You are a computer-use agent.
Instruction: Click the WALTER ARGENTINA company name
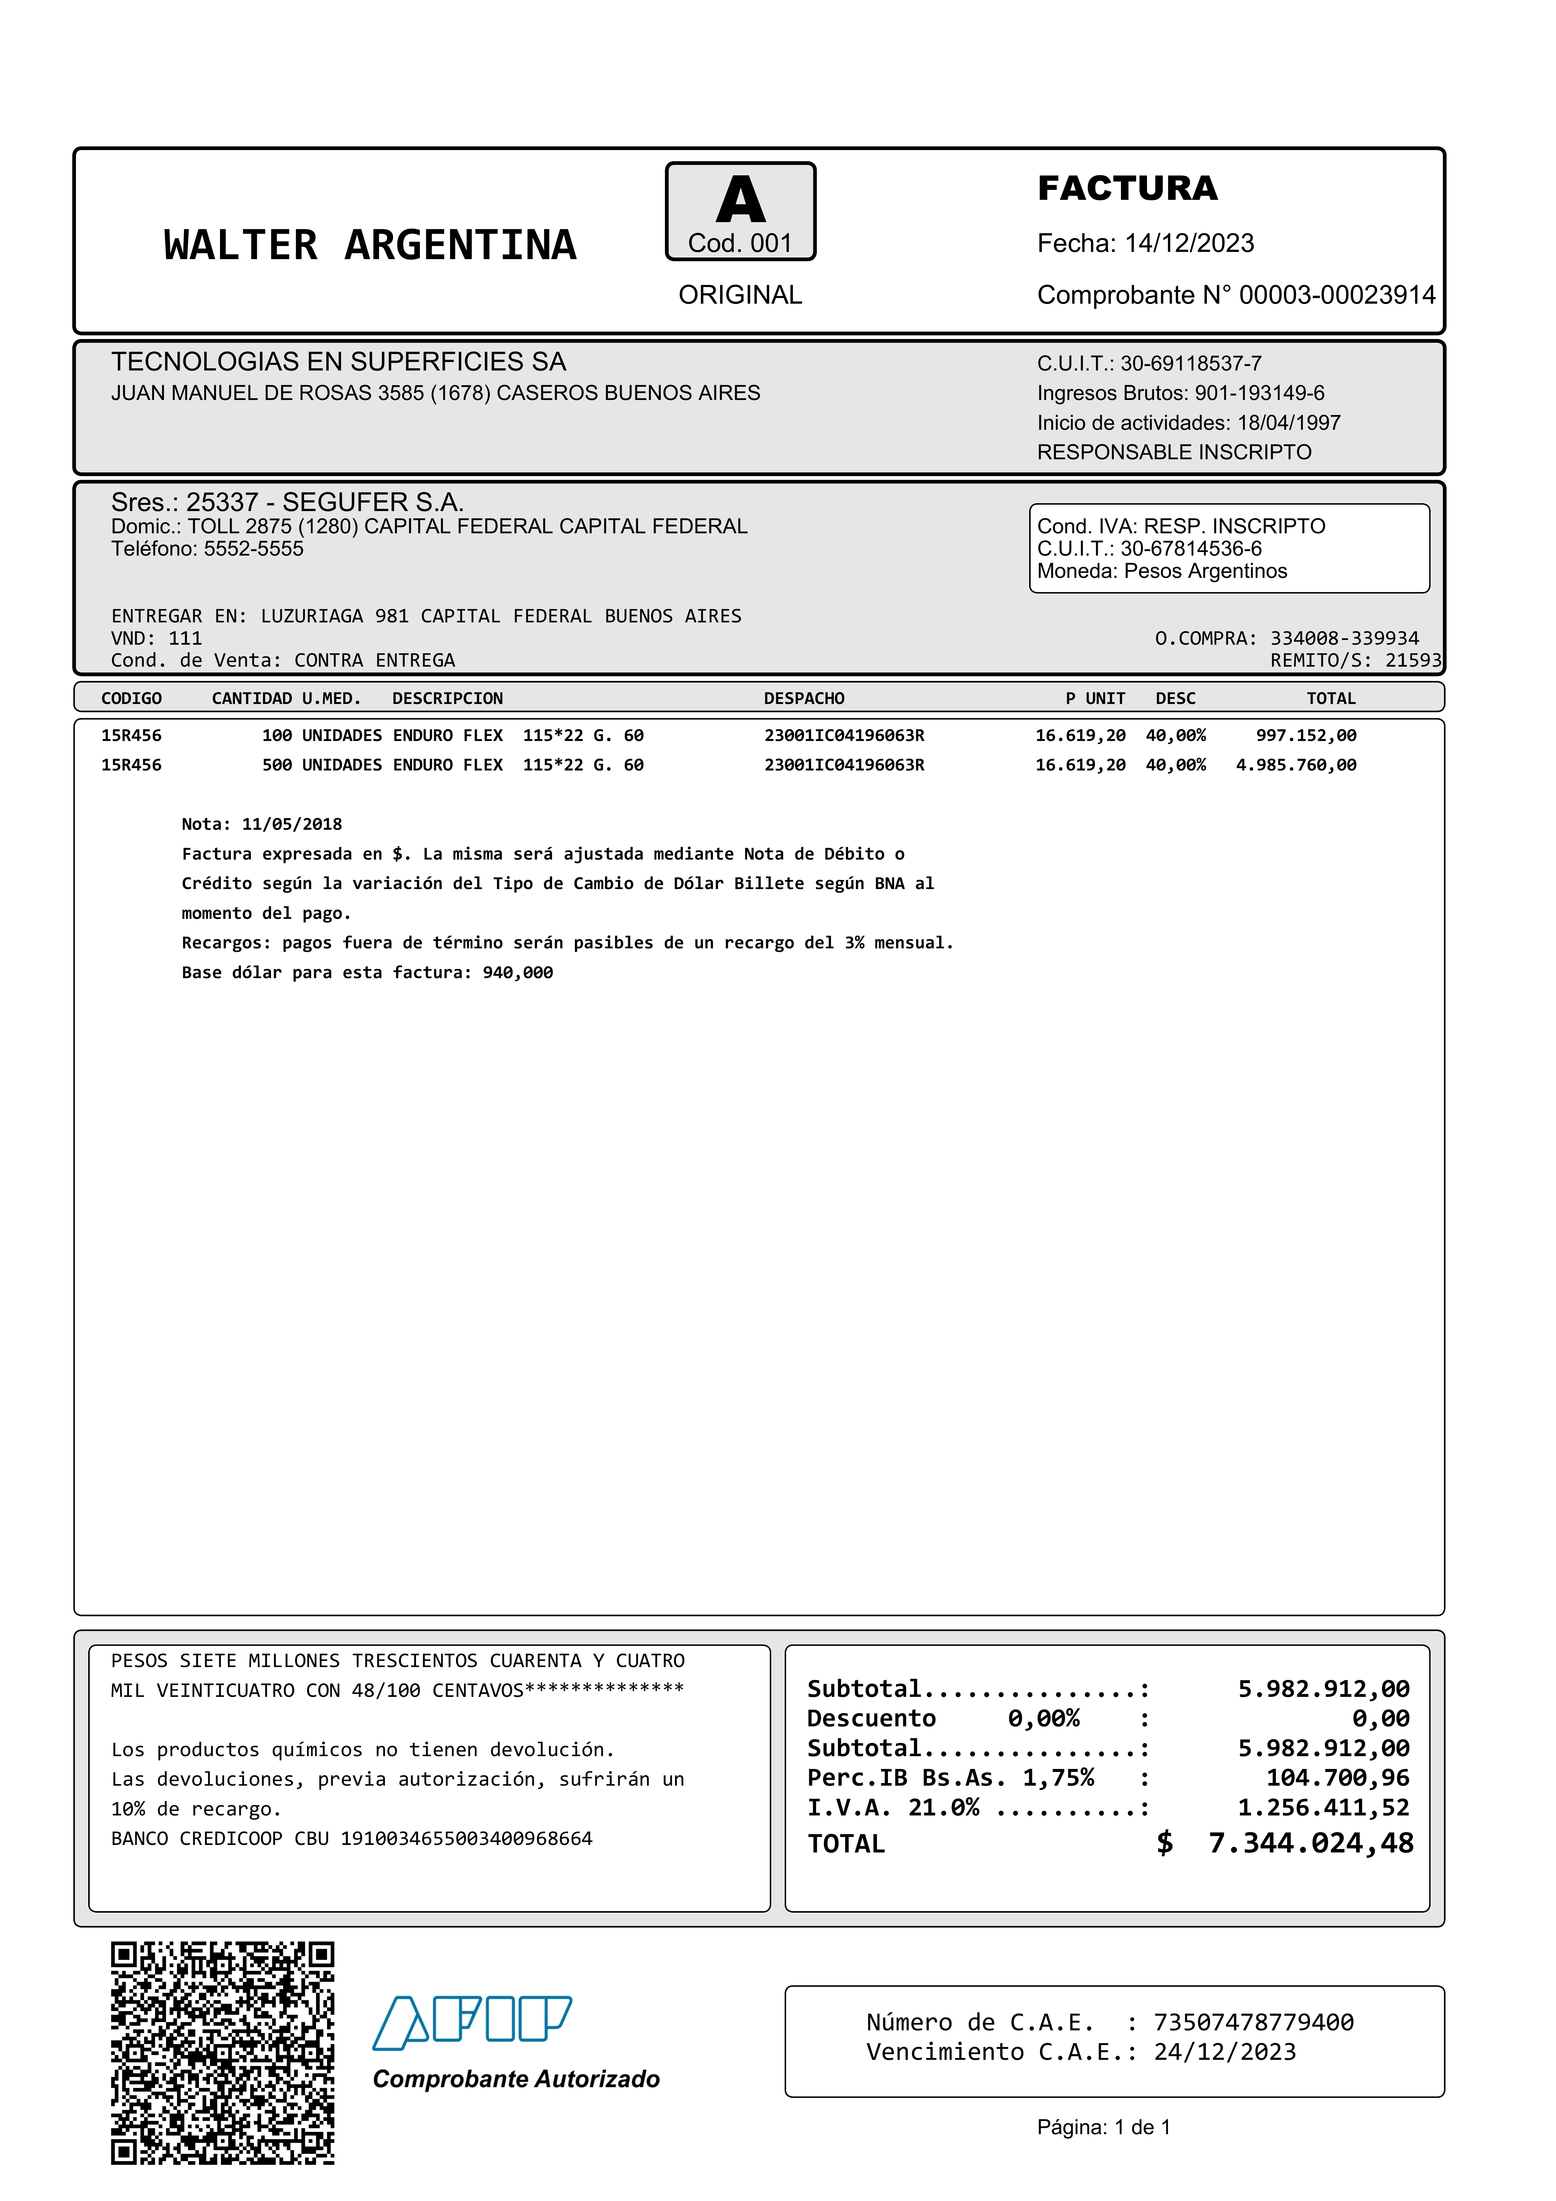[x=370, y=245]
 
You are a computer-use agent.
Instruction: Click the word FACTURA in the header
[x=1128, y=188]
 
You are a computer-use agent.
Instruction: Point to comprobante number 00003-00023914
[x=1337, y=295]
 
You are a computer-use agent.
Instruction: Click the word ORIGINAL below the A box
[x=740, y=295]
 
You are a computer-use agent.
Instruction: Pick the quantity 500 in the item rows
[x=277, y=765]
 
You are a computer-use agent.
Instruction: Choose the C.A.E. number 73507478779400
[x=1253, y=2023]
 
